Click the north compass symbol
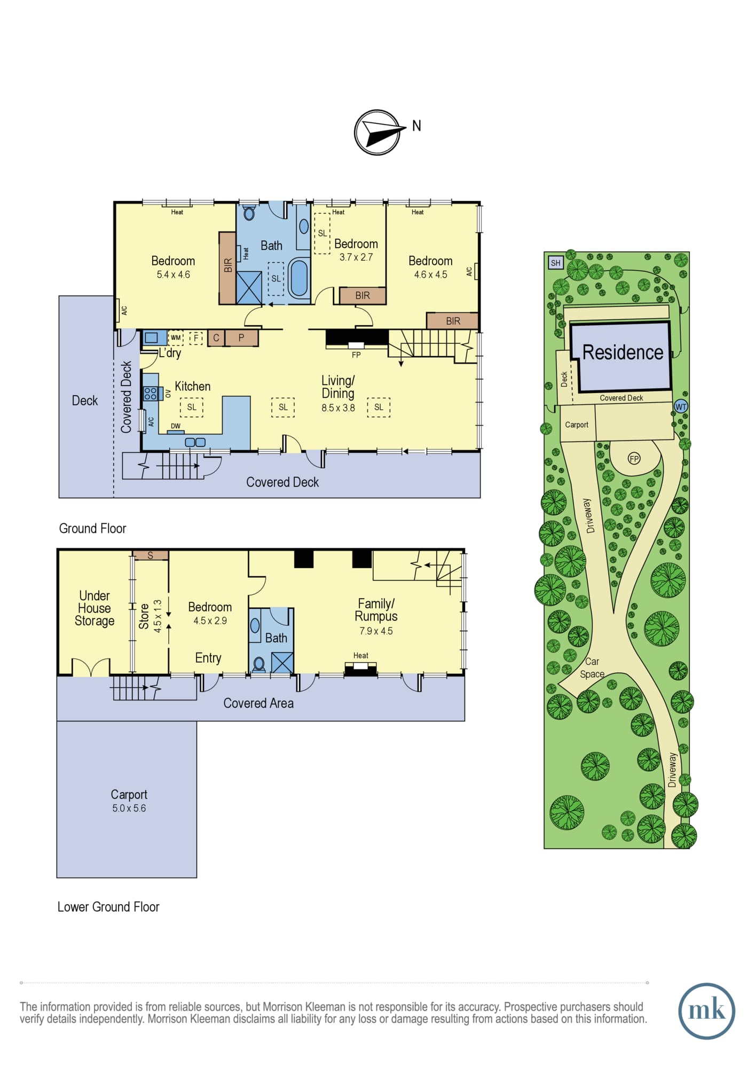pyautogui.click(x=377, y=132)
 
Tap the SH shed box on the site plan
pyautogui.click(x=556, y=263)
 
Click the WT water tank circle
pyautogui.click(x=681, y=406)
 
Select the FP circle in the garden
pyautogui.click(x=634, y=459)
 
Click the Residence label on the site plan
pyautogui.click(x=623, y=352)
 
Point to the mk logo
pyautogui.click(x=706, y=1010)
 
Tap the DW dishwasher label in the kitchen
pyautogui.click(x=176, y=426)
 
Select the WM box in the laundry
pyautogui.click(x=176, y=338)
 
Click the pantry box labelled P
pyautogui.click(x=241, y=338)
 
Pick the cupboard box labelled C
pyautogui.click(x=216, y=338)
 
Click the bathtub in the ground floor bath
pyautogui.click(x=299, y=278)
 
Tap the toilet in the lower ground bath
pyautogui.click(x=259, y=664)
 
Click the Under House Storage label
pyautogui.click(x=95, y=608)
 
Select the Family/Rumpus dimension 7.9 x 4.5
pyautogui.click(x=376, y=631)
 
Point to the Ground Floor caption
pyautogui.click(x=92, y=529)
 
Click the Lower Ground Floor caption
pyautogui.click(x=108, y=907)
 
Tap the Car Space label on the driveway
pyautogui.click(x=592, y=667)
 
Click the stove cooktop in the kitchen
pyautogui.click(x=151, y=394)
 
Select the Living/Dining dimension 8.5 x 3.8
pyautogui.click(x=338, y=408)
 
